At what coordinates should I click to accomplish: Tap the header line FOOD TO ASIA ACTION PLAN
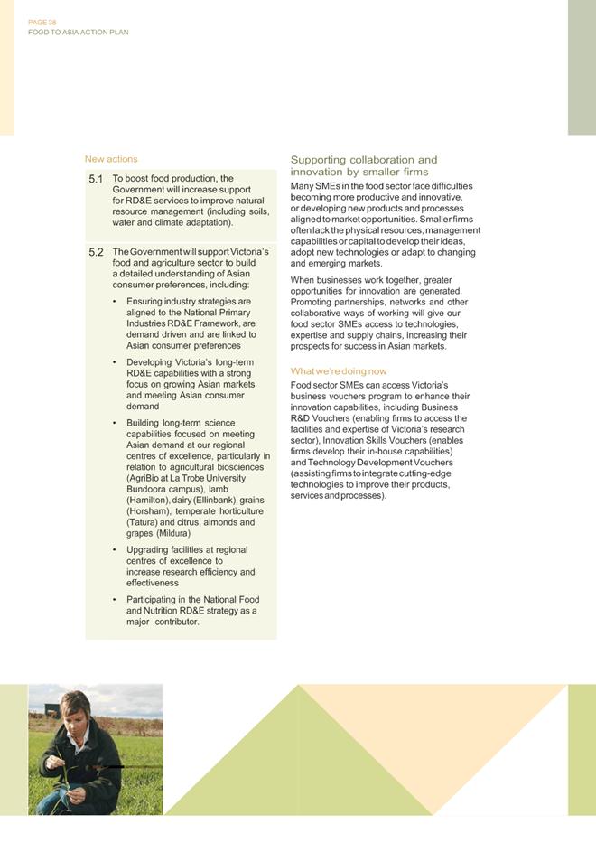tap(79, 32)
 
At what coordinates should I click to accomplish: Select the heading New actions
tap(111, 159)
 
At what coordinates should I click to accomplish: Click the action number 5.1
tap(97, 179)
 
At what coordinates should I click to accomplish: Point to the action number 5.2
tap(97, 251)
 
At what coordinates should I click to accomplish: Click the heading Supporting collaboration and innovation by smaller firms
tap(363, 165)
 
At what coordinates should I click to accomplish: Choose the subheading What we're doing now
tap(339, 371)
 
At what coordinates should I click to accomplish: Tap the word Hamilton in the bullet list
tap(145, 500)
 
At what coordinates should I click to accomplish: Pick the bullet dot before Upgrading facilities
tap(114, 550)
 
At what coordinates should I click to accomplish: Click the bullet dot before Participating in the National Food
tap(114, 600)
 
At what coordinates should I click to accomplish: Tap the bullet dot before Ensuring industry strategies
tap(114, 301)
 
